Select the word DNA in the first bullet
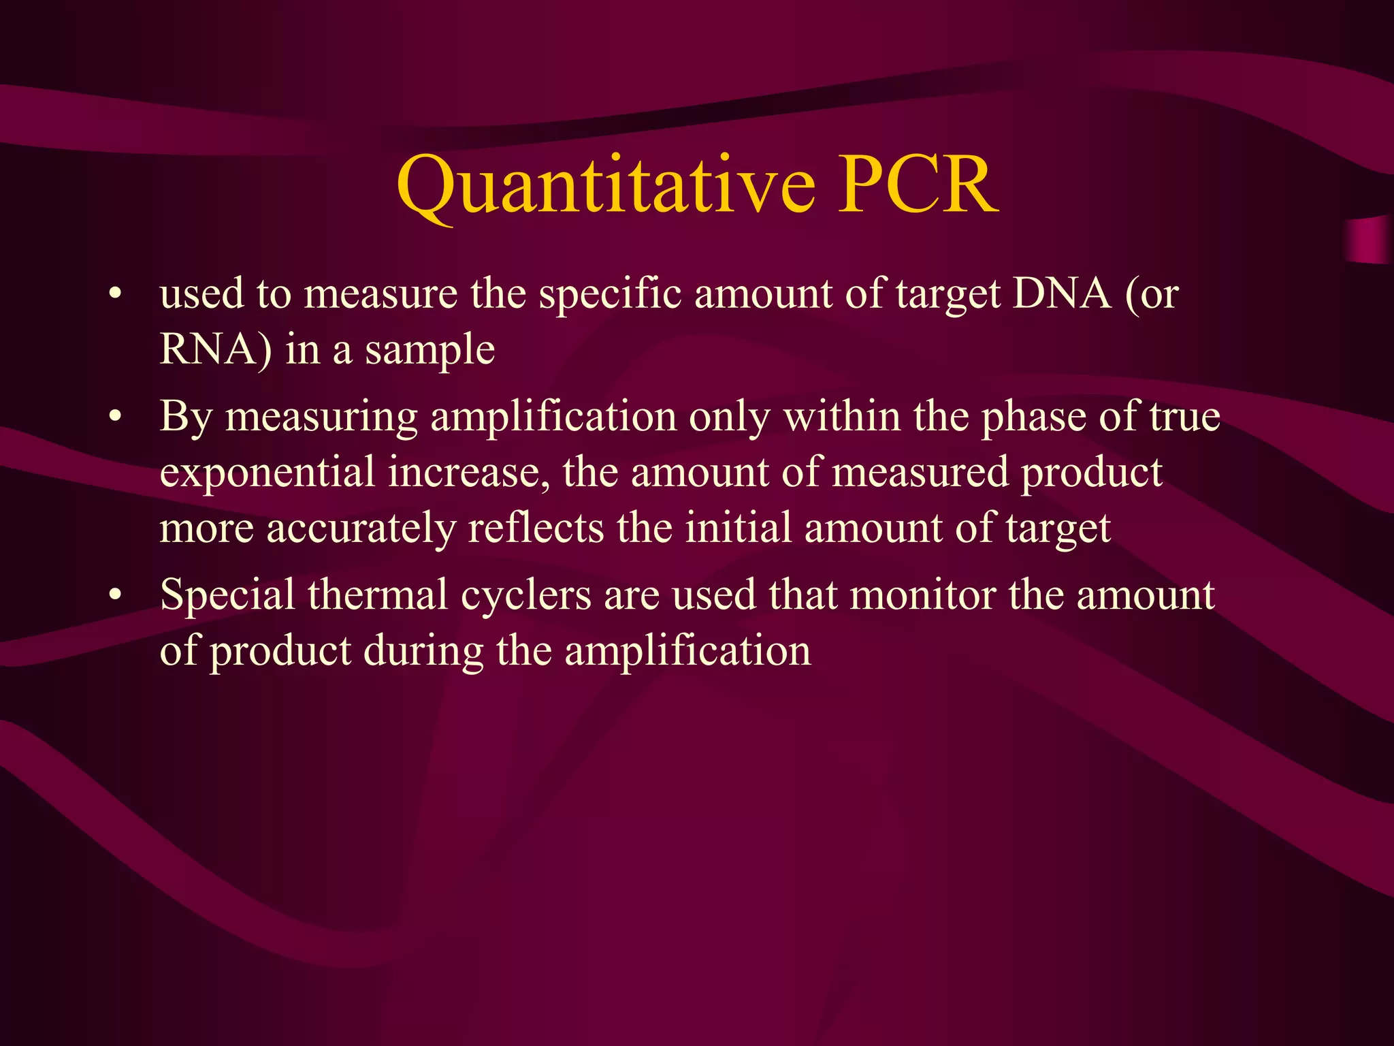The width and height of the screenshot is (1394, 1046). pyautogui.click(x=1062, y=294)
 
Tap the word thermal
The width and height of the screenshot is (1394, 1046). pyautogui.click(x=377, y=595)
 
